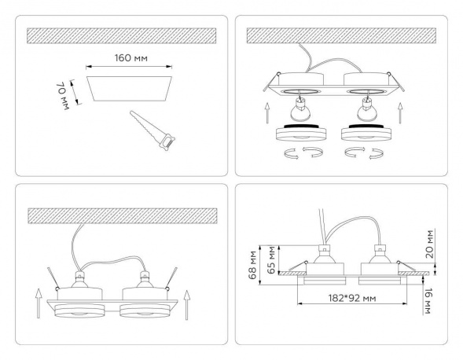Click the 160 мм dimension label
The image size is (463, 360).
pyautogui.click(x=130, y=58)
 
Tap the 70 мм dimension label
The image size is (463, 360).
pyautogui.click(x=62, y=96)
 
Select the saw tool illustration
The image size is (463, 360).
pyautogui.click(x=152, y=130)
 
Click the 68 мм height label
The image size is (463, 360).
pyautogui.click(x=253, y=265)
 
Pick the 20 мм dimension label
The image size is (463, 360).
pyautogui.click(x=430, y=244)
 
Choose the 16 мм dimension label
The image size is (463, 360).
pyautogui.click(x=428, y=300)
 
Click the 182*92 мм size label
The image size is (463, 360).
pyautogui.click(x=352, y=298)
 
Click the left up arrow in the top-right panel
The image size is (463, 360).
pyautogui.click(x=267, y=113)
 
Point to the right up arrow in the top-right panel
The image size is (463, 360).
pyautogui.click(x=400, y=113)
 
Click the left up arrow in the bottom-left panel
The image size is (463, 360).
pyautogui.click(x=39, y=303)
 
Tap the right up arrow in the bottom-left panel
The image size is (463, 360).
pyautogui.click(x=186, y=305)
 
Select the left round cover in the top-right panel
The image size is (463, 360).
pyautogui.click(x=301, y=132)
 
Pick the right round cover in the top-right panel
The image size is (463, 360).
pyautogui.click(x=366, y=132)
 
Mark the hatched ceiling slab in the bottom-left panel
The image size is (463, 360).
pyautogui.click(x=123, y=216)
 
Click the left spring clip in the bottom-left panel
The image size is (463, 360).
pyautogui.click(x=53, y=278)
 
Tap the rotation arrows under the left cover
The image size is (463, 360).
pyautogui.click(x=303, y=153)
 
